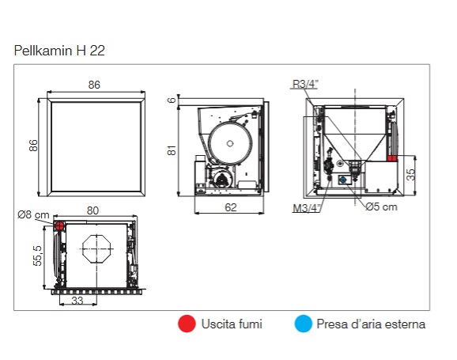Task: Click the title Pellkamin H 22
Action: (59, 51)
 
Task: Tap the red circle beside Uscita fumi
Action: (187, 324)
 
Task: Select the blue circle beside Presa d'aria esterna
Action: (303, 324)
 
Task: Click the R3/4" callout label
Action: (305, 84)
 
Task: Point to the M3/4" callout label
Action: (306, 208)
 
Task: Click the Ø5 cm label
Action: (381, 207)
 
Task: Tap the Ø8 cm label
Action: (33, 215)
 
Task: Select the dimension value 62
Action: (231, 207)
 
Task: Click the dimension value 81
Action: (172, 150)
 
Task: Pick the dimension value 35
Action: (410, 174)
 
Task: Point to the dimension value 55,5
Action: (38, 256)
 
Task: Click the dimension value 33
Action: (77, 301)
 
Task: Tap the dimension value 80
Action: (93, 210)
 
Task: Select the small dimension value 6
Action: (172, 100)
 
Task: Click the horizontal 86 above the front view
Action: (94, 85)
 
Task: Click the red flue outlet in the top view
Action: (59, 225)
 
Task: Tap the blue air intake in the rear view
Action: (343, 180)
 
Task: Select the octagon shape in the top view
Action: (96, 248)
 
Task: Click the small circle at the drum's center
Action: (230, 143)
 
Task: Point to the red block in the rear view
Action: (392, 158)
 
